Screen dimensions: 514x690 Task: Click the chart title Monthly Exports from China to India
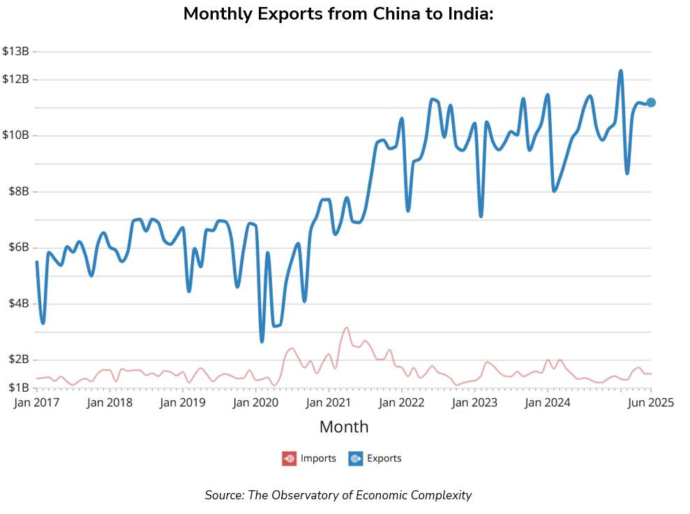click(338, 14)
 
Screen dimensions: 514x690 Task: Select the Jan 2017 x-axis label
click(37, 403)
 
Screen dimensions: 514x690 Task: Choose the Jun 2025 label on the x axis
click(650, 403)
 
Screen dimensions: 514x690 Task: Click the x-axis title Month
click(344, 427)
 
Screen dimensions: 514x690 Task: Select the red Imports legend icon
click(289, 459)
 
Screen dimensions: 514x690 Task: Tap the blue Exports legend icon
click(355, 459)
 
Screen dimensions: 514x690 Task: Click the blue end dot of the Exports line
click(651, 103)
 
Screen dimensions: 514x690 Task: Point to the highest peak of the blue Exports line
click(620, 71)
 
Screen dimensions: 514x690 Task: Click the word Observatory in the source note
click(309, 495)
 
